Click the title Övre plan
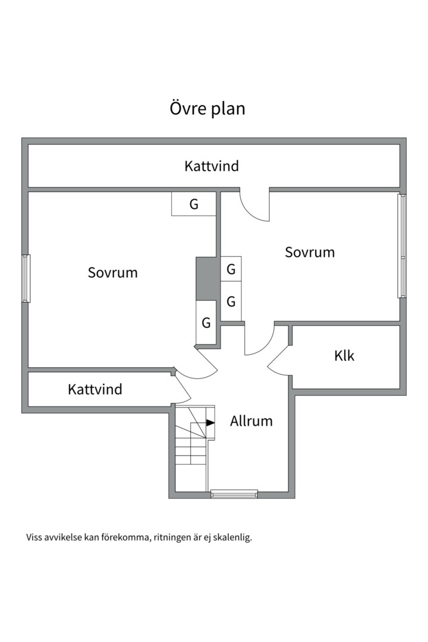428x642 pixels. point(207,109)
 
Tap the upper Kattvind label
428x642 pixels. point(212,166)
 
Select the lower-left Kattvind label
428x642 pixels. point(95,389)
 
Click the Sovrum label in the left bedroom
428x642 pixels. point(112,273)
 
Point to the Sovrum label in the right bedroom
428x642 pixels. point(310,252)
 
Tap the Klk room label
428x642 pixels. point(344,356)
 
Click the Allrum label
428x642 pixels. point(251,421)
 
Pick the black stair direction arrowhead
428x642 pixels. point(210,423)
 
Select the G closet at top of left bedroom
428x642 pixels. point(193,204)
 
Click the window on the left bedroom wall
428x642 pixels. point(26,278)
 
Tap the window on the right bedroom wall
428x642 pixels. point(402,246)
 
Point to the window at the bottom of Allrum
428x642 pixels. point(234,494)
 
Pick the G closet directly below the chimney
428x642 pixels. point(206,323)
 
